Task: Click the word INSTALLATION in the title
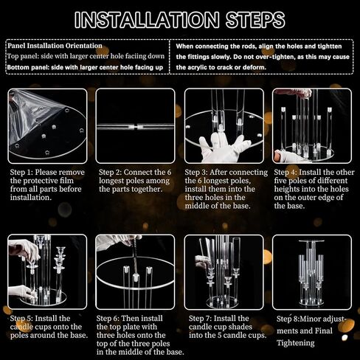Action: (147, 19)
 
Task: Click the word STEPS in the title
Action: (255, 19)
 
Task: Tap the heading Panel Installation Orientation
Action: (55, 46)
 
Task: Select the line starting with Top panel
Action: (86, 56)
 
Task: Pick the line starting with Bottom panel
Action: (85, 67)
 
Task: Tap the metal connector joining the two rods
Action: (135, 127)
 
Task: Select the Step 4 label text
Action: (285, 172)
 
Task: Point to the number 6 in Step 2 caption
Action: (169, 172)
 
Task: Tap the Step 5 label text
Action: (21, 318)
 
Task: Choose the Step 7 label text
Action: (200, 318)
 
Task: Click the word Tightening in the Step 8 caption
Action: (296, 343)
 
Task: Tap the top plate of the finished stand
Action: (311, 241)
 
